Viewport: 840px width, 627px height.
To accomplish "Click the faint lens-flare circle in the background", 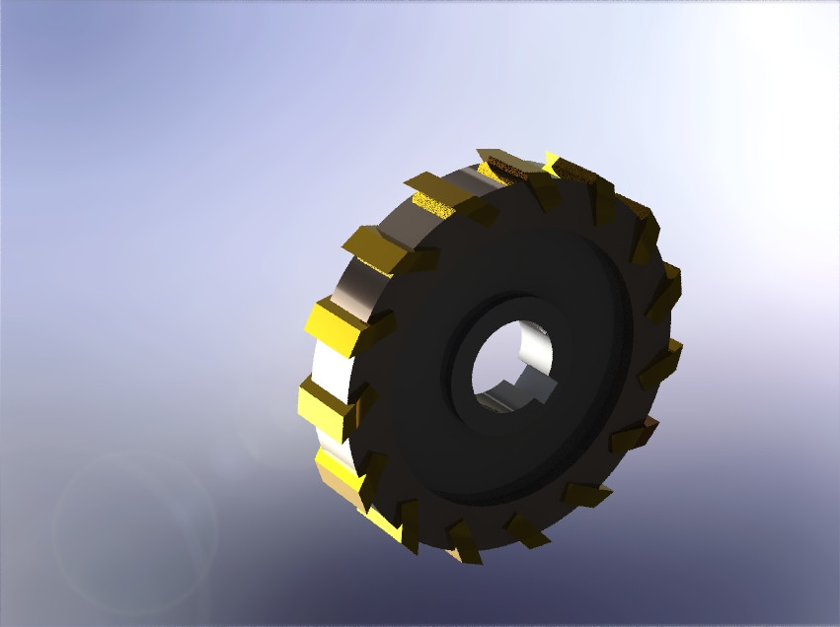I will [x=133, y=533].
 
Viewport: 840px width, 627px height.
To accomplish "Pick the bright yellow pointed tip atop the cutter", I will [x=551, y=161].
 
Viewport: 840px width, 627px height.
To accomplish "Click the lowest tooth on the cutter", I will [x=463, y=543].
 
